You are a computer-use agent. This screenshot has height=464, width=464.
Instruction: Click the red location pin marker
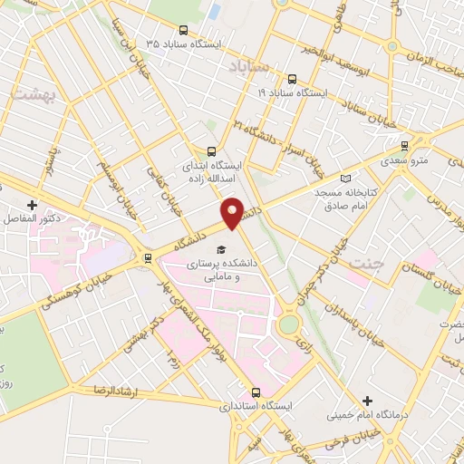(x=233, y=212)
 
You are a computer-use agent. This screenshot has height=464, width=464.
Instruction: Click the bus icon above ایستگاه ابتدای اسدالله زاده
(x=211, y=151)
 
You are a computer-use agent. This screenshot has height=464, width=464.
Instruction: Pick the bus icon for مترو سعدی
(x=404, y=144)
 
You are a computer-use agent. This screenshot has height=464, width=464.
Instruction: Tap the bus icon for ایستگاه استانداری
(x=256, y=392)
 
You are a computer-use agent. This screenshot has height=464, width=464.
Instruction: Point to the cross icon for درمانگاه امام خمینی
(x=367, y=401)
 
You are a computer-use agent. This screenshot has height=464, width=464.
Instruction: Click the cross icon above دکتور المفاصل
(x=33, y=206)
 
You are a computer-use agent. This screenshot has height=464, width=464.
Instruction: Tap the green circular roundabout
(x=289, y=324)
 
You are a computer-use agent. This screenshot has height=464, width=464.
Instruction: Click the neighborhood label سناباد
(x=250, y=68)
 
